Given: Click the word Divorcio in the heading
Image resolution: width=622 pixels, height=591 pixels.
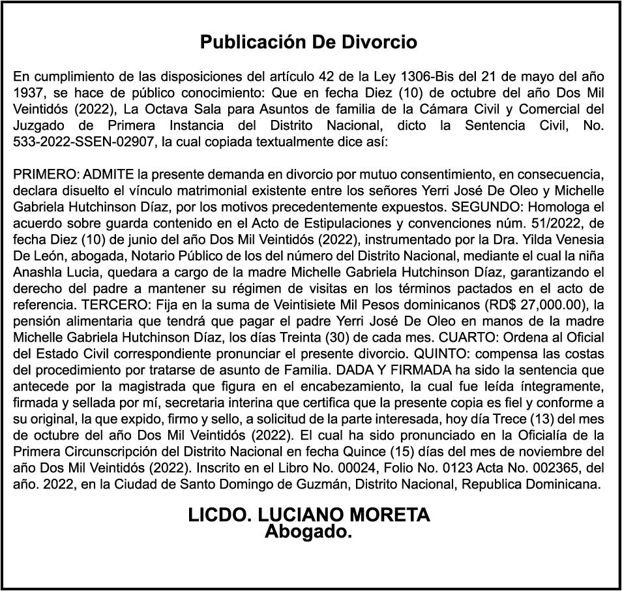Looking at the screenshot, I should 379,43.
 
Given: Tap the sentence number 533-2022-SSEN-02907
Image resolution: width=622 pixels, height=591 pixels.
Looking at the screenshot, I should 84,142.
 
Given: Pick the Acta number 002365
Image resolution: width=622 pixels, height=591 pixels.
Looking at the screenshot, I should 551,467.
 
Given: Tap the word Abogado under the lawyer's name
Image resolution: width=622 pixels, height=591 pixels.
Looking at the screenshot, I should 308,532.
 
